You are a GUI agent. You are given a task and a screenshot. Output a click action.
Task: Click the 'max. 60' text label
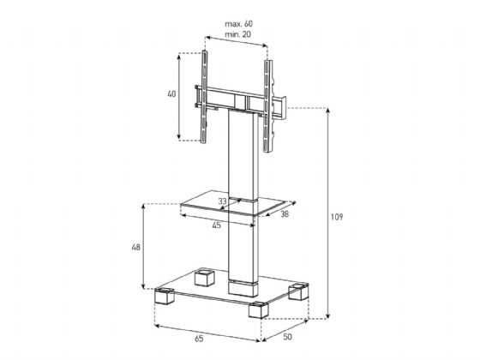click(239, 24)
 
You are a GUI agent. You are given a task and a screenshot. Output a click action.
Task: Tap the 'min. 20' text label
click(238, 34)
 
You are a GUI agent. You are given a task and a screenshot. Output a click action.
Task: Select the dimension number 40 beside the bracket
click(171, 94)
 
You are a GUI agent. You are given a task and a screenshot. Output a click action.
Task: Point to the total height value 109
click(337, 217)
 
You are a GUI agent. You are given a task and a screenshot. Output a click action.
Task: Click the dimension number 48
click(136, 247)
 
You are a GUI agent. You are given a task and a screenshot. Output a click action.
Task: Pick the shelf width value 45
click(216, 225)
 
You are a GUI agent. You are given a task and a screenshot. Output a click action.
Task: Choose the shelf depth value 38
click(285, 214)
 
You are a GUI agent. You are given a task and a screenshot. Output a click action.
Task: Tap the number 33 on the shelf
click(223, 201)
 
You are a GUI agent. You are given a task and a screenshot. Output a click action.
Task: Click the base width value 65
click(199, 339)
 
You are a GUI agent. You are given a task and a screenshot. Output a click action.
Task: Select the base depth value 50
click(287, 337)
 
